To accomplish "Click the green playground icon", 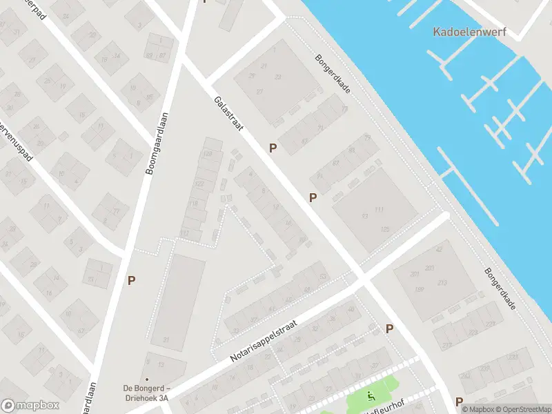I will point(370,396).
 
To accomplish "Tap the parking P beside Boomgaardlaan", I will point(131,280).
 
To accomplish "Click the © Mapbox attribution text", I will point(477,408).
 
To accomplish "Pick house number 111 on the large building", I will point(379,209).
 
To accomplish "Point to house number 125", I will point(385,228).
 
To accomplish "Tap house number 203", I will point(430,268).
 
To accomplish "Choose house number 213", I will point(442,282).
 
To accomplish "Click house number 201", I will point(415,274).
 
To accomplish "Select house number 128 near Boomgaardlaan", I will point(208,153).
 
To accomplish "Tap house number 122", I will point(199,184).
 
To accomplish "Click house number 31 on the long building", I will point(166,339).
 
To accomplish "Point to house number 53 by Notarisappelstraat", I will point(324,277).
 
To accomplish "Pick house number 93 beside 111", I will point(364,216).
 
